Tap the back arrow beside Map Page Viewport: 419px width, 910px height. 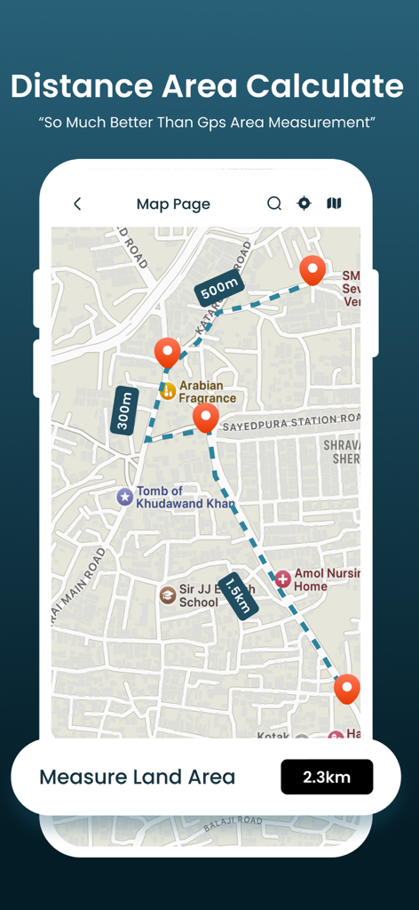pyautogui.click(x=77, y=204)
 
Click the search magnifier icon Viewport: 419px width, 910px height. pyautogui.click(x=274, y=204)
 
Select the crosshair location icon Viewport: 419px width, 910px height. pyautogui.click(x=304, y=204)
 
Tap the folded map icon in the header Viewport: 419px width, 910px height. pyautogui.click(x=334, y=204)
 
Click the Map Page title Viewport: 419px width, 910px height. pyautogui.click(x=173, y=204)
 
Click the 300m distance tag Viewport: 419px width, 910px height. pyautogui.click(x=124, y=411)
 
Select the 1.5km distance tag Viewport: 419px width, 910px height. pyautogui.click(x=237, y=595)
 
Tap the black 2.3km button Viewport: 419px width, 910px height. pyautogui.click(x=327, y=778)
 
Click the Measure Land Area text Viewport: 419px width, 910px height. pyautogui.click(x=138, y=778)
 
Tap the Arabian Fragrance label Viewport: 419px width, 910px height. pyautogui.click(x=207, y=392)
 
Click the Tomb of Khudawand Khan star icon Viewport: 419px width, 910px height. pyautogui.click(x=125, y=497)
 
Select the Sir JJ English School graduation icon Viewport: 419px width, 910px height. pyautogui.click(x=167, y=595)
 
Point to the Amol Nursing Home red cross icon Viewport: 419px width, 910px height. pyautogui.click(x=283, y=579)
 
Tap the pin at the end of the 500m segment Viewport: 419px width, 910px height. pyautogui.click(x=312, y=269)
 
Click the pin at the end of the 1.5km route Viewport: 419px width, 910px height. pyautogui.click(x=346, y=689)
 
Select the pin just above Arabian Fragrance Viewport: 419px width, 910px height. pyautogui.click(x=167, y=352)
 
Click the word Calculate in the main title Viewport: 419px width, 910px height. pyautogui.click(x=324, y=86)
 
